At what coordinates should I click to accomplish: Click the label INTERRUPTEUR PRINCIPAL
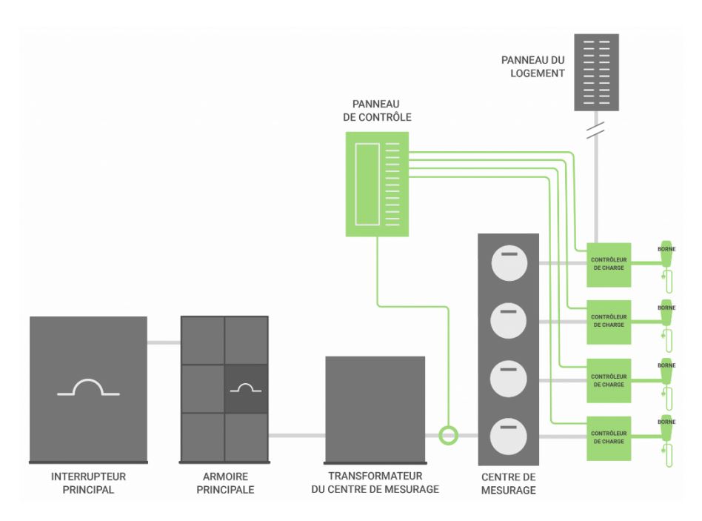[88, 482]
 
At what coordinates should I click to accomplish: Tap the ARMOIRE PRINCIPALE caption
[224, 482]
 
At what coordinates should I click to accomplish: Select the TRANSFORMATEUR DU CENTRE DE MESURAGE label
[375, 482]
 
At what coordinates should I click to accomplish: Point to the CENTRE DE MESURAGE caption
[508, 483]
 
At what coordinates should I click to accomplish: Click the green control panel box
[377, 184]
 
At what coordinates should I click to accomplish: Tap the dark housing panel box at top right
[596, 72]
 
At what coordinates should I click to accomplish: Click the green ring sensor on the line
[448, 435]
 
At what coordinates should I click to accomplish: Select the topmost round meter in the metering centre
[508, 263]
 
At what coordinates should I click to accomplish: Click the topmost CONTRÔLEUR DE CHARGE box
[609, 265]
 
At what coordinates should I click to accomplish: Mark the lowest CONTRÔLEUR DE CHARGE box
[609, 437]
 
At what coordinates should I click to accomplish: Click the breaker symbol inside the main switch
[88, 388]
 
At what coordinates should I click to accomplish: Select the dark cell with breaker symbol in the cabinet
[246, 388]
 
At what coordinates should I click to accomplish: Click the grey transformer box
[375, 408]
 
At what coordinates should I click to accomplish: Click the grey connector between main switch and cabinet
[164, 342]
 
